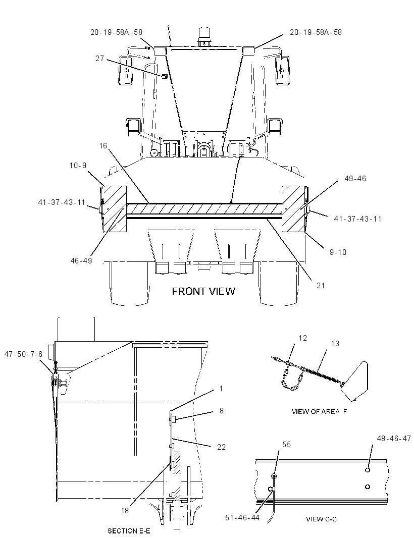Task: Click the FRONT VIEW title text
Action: click(x=203, y=291)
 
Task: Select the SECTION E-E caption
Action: click(x=129, y=531)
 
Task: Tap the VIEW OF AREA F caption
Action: click(x=319, y=411)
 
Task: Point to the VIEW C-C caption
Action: click(x=321, y=519)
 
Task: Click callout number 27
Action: click(x=99, y=59)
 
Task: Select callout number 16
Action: click(x=103, y=146)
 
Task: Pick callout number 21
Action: click(x=321, y=285)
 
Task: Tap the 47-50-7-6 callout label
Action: click(x=23, y=354)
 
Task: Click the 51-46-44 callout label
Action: click(x=242, y=517)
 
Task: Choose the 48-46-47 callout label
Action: click(x=394, y=438)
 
